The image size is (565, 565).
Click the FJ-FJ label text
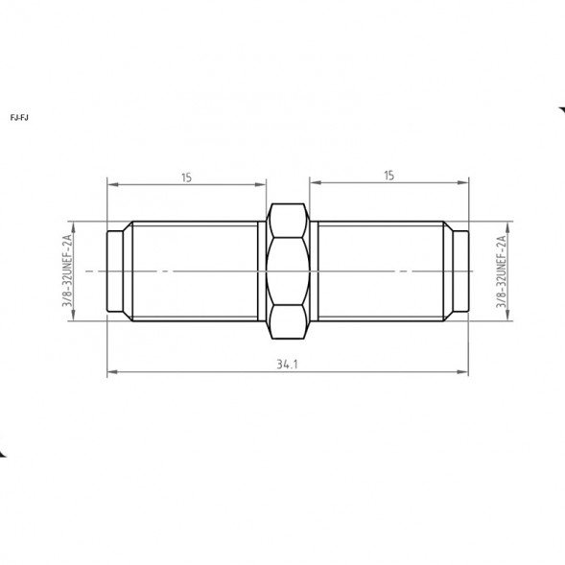pos(19,118)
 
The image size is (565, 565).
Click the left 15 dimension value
pos(186,177)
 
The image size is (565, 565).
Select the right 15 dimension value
pos(388,176)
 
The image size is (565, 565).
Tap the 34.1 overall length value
pos(287,365)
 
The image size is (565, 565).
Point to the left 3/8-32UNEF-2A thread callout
pos(67,271)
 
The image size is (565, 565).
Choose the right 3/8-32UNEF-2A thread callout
pos(501,271)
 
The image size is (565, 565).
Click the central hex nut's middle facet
pos(288,271)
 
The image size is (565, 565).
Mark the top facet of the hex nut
pos(288,221)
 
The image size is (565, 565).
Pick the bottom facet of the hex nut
pos(288,321)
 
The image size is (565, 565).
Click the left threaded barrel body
pos(195,271)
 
